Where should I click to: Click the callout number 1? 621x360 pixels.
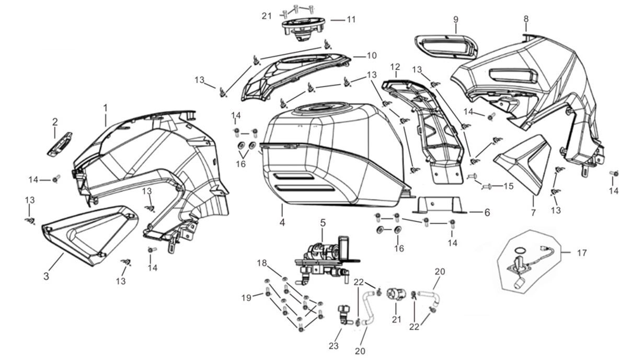point(105,107)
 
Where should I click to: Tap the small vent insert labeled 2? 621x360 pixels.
point(62,143)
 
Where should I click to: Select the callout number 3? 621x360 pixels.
point(46,276)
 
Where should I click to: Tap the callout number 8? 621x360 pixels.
point(526,19)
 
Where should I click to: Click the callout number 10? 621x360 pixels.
point(371,55)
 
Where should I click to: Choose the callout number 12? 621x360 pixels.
point(395,67)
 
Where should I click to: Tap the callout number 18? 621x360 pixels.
point(261,263)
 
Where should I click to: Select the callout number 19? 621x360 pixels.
point(245,297)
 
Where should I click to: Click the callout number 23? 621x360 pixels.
point(333,346)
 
